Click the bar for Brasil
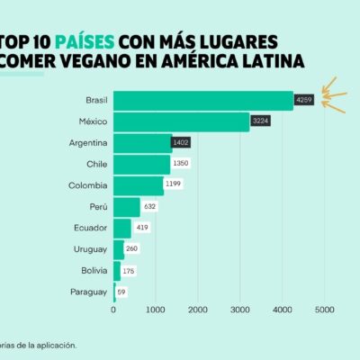pyautogui.click(x=203, y=101)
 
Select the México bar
pyautogui.click(x=182, y=121)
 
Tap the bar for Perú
pyautogui.click(x=127, y=207)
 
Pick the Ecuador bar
pyautogui.click(x=122, y=229)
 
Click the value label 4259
pyautogui.click(x=304, y=100)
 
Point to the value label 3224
pyautogui.click(x=260, y=121)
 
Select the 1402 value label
pyautogui.click(x=181, y=142)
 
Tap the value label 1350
pyautogui.click(x=181, y=163)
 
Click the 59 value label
pyautogui.click(x=121, y=292)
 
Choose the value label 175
pyautogui.click(x=129, y=271)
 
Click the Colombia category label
pyautogui.click(x=88, y=185)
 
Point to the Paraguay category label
pyautogui.click(x=89, y=292)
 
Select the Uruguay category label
pyautogui.click(x=90, y=249)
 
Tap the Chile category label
pyautogui.click(x=97, y=164)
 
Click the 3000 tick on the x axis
pyautogui.click(x=240, y=310)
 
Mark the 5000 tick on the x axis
pyautogui.click(x=325, y=310)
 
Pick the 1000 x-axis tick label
pyautogui.click(x=156, y=310)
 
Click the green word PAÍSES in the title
pyautogui.click(x=85, y=42)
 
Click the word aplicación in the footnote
pyautogui.click(x=57, y=346)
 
